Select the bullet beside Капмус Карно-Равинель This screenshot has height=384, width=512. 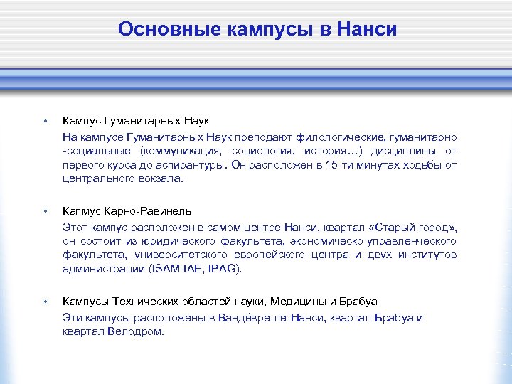click(45, 211)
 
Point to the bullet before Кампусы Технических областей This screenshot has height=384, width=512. click(45, 302)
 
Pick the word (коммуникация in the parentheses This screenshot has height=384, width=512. click(181, 151)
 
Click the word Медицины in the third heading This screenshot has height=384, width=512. click(304, 302)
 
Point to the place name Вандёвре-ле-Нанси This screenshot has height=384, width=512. click(272, 318)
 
